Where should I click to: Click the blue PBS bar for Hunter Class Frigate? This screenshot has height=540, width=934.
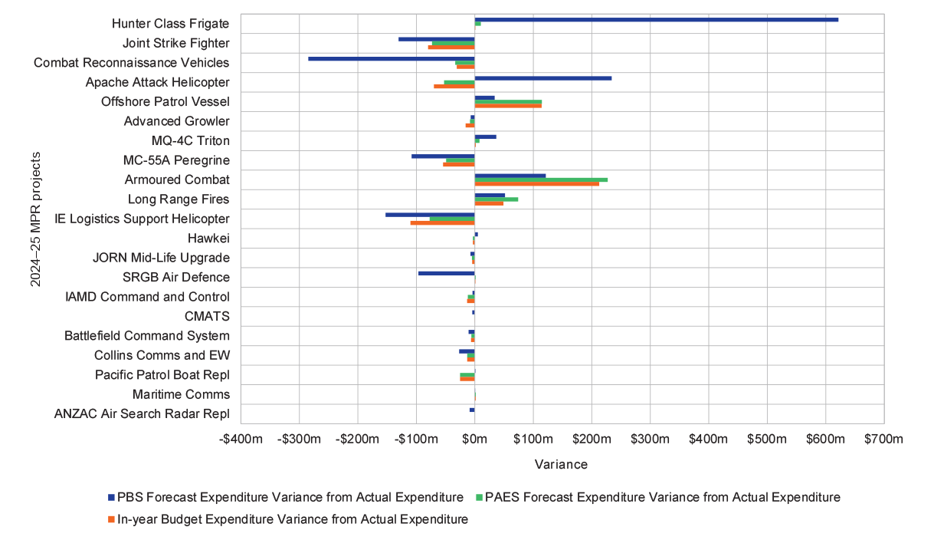tap(656, 19)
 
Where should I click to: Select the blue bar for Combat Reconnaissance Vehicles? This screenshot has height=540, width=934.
tap(391, 58)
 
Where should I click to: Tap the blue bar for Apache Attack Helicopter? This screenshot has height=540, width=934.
tap(542, 77)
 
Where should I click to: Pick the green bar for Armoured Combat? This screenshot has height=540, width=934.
tap(540, 179)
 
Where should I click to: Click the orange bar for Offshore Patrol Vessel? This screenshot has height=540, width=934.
tap(507, 106)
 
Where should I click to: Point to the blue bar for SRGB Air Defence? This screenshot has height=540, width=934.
tap(446, 273)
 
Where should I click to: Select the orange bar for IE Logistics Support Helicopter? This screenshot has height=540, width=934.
tap(442, 222)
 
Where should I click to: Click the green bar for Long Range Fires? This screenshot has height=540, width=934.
tap(496, 199)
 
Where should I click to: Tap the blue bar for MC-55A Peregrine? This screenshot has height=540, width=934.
tap(443, 156)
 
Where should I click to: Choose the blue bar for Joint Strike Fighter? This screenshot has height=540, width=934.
tap(436, 38)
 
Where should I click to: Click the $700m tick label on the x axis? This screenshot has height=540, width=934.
tap(883, 440)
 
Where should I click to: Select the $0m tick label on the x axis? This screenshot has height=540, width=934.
tap(474, 440)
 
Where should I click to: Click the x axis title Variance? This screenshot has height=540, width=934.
tap(562, 465)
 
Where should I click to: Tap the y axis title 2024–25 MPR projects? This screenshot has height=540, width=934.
tap(35, 219)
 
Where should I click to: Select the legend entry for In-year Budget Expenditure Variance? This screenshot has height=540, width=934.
tap(292, 519)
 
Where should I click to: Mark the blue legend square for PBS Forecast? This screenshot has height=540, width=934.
tap(110, 497)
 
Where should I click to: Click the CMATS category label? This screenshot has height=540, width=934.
tap(206, 316)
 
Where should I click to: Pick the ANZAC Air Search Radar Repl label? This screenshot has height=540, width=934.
tap(142, 413)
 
